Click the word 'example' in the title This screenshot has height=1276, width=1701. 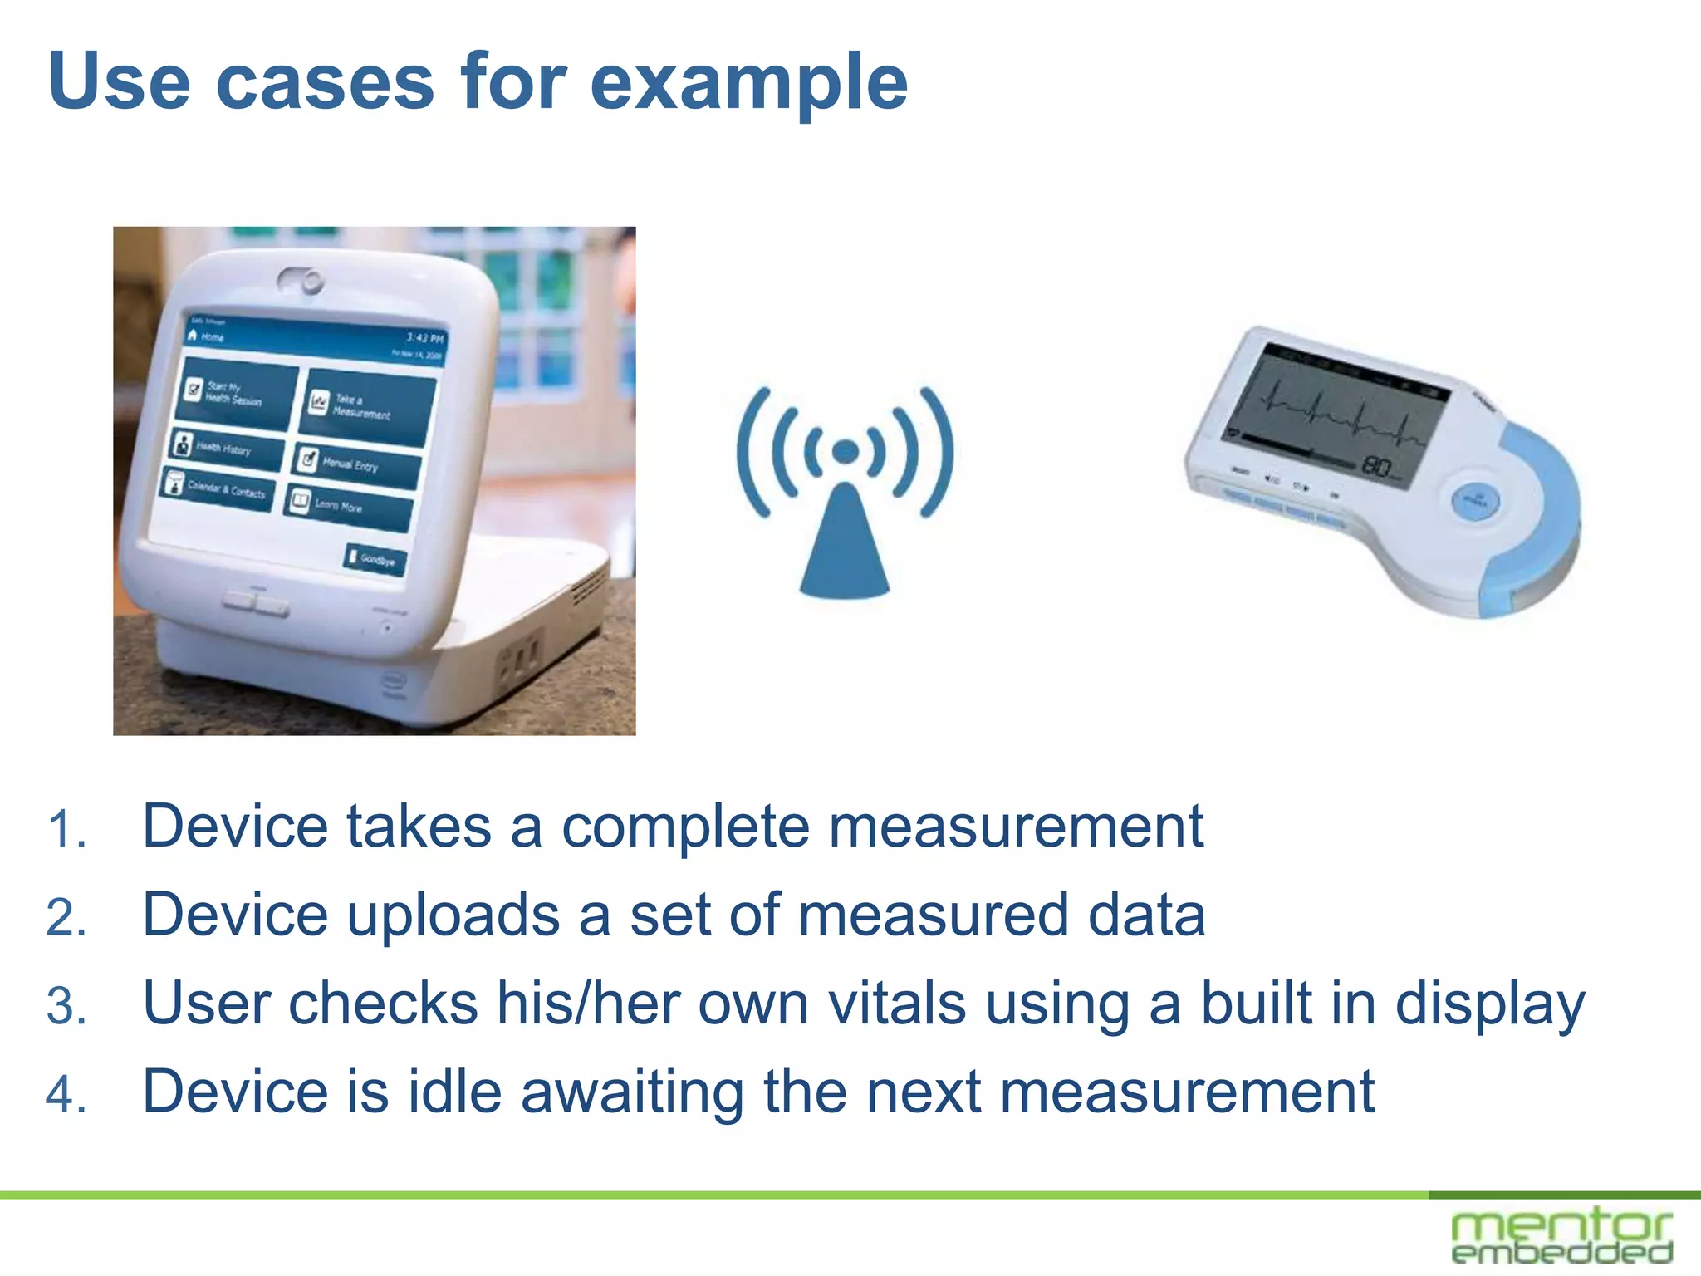click(x=748, y=83)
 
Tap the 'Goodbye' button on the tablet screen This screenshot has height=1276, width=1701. click(x=375, y=559)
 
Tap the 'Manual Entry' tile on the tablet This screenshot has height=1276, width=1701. click(x=355, y=466)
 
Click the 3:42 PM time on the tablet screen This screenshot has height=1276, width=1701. click(x=425, y=338)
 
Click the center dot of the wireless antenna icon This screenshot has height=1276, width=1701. click(x=845, y=451)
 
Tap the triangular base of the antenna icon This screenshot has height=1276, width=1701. click(x=844, y=548)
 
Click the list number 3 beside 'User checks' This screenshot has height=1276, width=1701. click(x=66, y=1006)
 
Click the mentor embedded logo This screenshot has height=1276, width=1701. click(x=1561, y=1236)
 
